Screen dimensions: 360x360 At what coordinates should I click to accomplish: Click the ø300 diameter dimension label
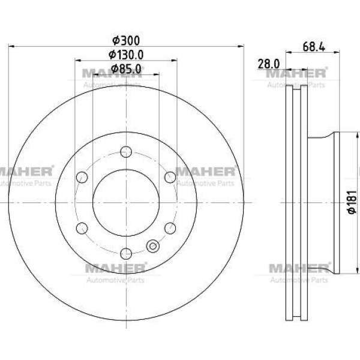point(126,41)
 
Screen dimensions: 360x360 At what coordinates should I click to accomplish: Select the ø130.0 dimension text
point(126,55)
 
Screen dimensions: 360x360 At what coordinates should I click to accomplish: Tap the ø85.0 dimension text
point(126,68)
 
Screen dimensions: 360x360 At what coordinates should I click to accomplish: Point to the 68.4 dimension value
point(314,47)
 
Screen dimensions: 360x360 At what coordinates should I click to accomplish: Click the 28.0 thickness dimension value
point(269,64)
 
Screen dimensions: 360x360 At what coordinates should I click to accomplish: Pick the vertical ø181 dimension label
point(352,202)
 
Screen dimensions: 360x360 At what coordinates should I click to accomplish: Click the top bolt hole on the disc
point(126,152)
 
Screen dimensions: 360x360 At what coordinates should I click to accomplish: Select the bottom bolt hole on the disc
point(126,253)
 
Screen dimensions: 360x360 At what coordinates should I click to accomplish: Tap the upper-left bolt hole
point(82,177)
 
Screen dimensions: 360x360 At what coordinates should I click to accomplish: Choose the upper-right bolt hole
point(170,177)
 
